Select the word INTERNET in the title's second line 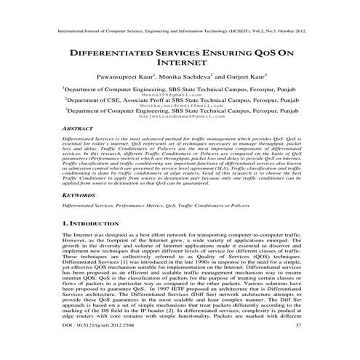point(179,64)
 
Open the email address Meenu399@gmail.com point(179,95)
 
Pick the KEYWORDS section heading point(79,196)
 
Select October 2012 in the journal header point(284,32)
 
